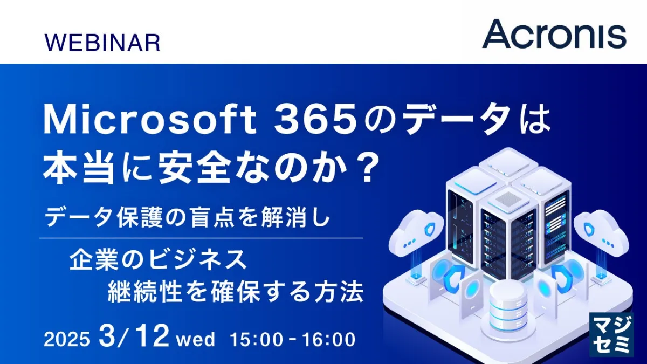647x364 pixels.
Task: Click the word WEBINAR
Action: pyautogui.click(x=102, y=43)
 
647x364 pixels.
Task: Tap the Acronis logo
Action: pyautogui.click(x=554, y=34)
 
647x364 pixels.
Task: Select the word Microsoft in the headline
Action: pyautogui.click(x=150, y=119)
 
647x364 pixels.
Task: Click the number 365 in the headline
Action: pyautogui.click(x=315, y=120)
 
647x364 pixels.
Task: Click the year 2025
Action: pyautogui.click(x=67, y=339)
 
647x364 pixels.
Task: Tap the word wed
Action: pyautogui.click(x=196, y=339)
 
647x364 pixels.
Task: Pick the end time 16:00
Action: pyautogui.click(x=329, y=339)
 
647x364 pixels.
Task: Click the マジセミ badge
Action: pyautogui.click(x=611, y=334)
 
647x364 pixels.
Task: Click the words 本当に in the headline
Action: pyautogui.click(x=98, y=168)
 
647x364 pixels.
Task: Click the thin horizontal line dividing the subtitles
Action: pyautogui.click(x=201, y=238)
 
